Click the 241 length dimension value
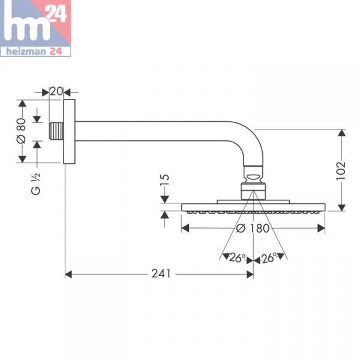tap(160, 274)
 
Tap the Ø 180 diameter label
tap(252, 228)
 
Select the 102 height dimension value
tap(341, 170)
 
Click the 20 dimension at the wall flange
tap(56, 92)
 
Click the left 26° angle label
tap(238, 258)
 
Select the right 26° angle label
tap(269, 258)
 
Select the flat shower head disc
tap(253, 208)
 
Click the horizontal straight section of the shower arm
tap(150, 131)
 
